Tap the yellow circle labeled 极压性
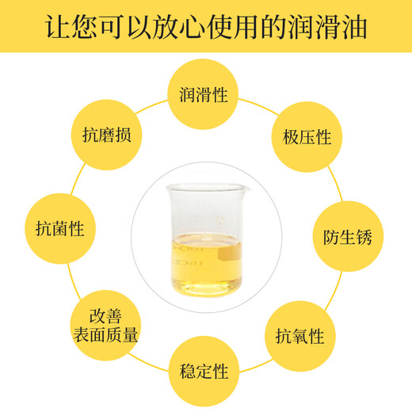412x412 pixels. pyautogui.click(x=301, y=137)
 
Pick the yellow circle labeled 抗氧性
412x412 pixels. pyautogui.click(x=299, y=335)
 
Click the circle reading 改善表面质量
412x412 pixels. pyautogui.click(x=105, y=326)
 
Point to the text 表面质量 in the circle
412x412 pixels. pyautogui.click(x=105, y=335)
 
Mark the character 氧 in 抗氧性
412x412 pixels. pyautogui.click(x=299, y=336)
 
